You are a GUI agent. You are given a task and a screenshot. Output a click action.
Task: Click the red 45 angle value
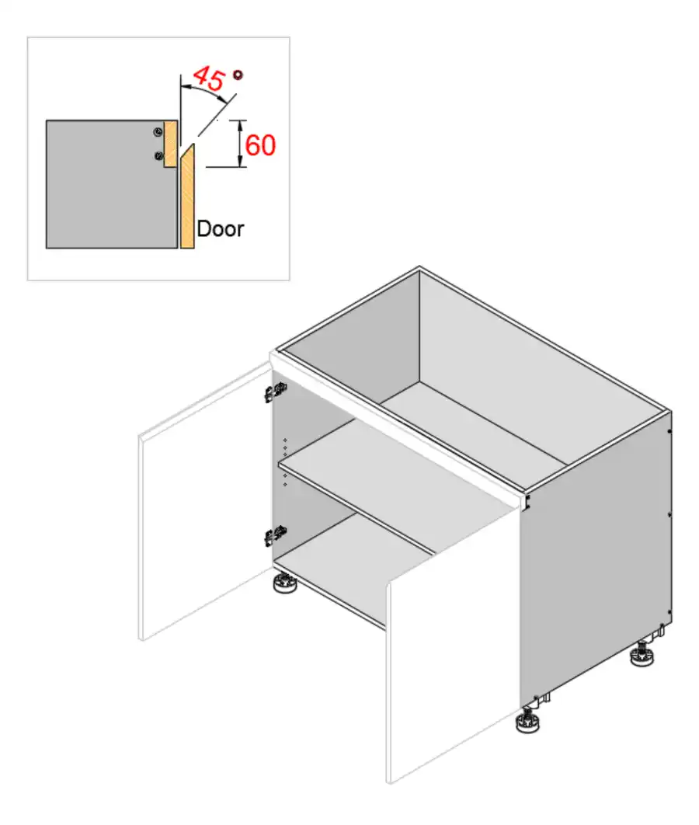point(208,78)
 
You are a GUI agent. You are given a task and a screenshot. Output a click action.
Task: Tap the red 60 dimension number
point(260,144)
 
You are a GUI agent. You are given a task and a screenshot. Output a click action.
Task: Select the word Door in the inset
point(220,229)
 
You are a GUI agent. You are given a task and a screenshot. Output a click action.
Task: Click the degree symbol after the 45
point(238,75)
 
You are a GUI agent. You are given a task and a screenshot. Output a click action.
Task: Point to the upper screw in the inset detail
point(158,131)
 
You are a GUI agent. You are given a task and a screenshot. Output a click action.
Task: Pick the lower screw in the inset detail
point(158,156)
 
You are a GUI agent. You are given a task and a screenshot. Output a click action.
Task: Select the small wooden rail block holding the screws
point(172,144)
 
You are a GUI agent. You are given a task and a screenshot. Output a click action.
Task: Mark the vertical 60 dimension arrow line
point(241,144)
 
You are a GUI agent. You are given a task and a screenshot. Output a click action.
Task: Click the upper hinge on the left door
point(273,392)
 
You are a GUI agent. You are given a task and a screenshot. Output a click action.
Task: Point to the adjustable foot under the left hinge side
point(285,584)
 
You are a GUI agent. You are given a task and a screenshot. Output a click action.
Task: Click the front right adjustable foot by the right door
point(529,722)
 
